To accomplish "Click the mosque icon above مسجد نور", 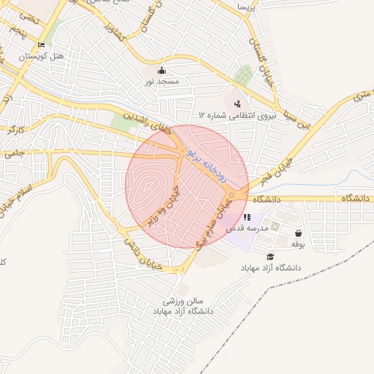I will pos(162,71).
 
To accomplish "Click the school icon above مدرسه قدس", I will pos(247,217).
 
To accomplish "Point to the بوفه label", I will pos(298,243).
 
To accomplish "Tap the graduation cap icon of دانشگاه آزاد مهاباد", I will pos(270,256).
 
